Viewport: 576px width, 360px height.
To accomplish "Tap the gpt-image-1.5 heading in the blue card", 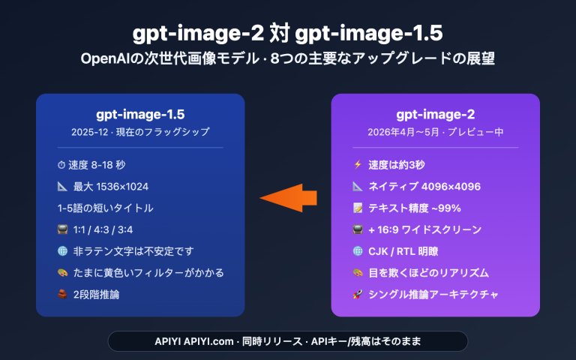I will click(x=140, y=114).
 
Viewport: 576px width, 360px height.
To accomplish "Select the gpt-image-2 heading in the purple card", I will click(x=435, y=114).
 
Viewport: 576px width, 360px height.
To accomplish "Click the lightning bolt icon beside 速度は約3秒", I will click(x=357, y=165).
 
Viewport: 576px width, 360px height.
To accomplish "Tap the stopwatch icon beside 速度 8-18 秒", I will click(x=61, y=165).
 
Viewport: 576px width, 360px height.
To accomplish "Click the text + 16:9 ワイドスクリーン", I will click(x=424, y=229).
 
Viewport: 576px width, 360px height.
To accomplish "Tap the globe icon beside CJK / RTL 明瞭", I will click(x=357, y=251).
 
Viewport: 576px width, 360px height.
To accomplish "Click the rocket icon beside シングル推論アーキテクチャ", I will click(x=357, y=294).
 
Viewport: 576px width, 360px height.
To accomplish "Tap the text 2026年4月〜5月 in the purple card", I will click(x=405, y=132).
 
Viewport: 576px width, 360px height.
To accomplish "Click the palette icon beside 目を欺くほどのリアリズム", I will click(x=357, y=272).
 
